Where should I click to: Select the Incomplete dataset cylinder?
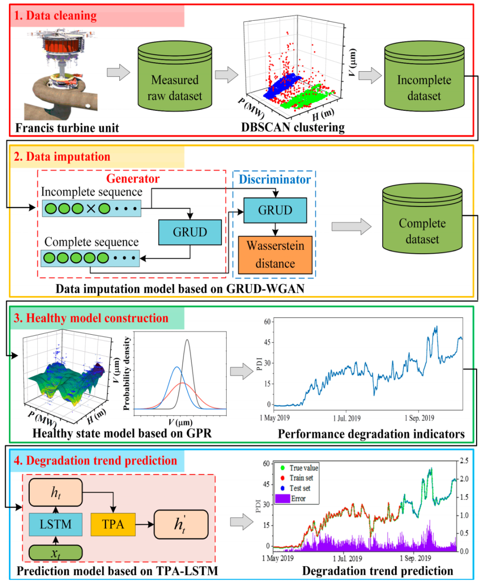click(x=424, y=80)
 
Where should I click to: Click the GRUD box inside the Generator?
click(x=189, y=232)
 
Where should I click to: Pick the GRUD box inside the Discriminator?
click(x=275, y=210)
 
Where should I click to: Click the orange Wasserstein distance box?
click(x=275, y=255)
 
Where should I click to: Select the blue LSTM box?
click(x=56, y=524)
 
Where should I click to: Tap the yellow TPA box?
click(x=113, y=524)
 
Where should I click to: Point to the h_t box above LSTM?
click(x=56, y=493)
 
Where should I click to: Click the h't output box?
click(x=181, y=524)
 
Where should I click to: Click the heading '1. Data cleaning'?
click(x=55, y=16)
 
